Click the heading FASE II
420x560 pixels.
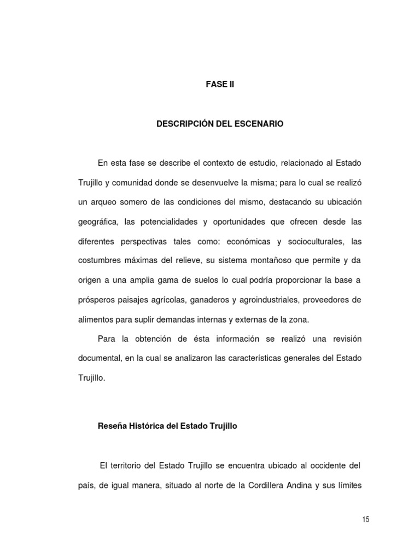pyautogui.click(x=219, y=85)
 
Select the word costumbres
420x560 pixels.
pyautogui.click(x=100, y=261)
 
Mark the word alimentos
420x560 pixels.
pyautogui.click(x=96, y=320)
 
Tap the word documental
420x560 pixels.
pyautogui.click(x=100, y=358)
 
